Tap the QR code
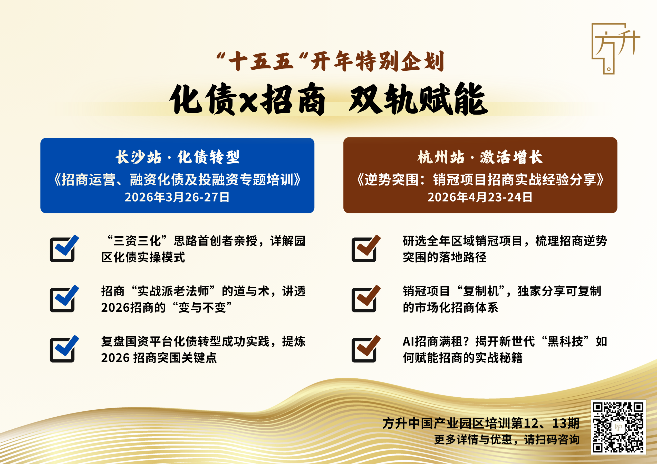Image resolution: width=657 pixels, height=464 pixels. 618,427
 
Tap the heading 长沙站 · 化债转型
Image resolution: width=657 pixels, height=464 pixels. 177,157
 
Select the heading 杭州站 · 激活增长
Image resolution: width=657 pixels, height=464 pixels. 480,157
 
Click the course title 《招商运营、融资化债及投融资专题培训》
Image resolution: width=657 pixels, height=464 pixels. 177,180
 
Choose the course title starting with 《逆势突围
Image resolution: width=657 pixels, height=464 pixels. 480,180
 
